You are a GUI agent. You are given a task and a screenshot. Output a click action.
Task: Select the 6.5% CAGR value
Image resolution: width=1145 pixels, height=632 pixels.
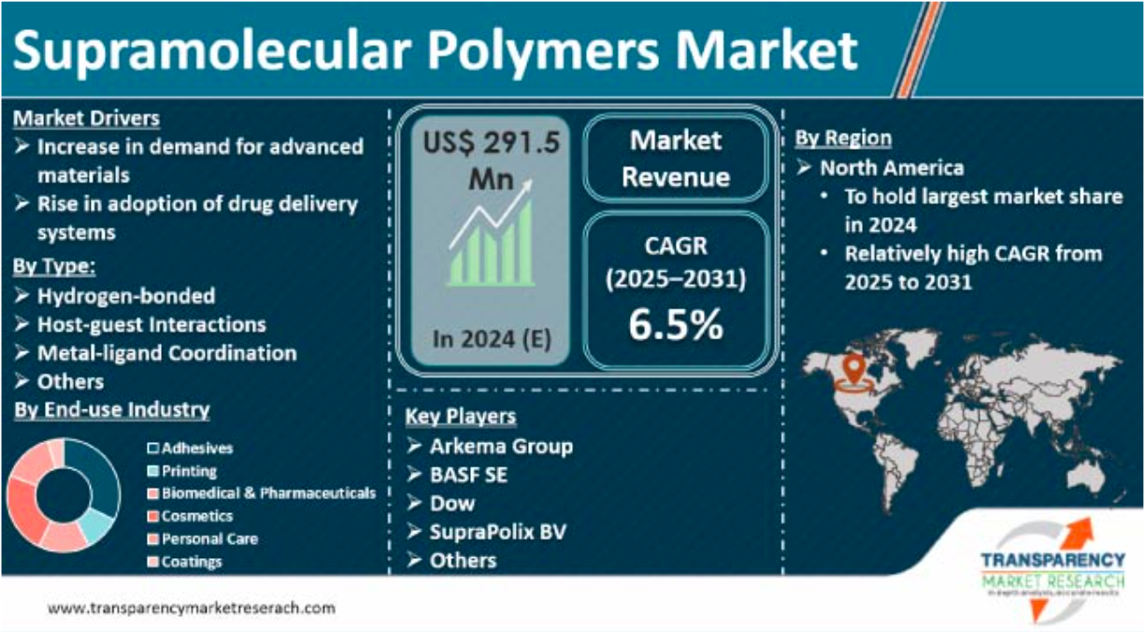pyautogui.click(x=675, y=324)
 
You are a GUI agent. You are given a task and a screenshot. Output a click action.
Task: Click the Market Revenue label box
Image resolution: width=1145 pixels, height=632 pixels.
pyautogui.click(x=675, y=158)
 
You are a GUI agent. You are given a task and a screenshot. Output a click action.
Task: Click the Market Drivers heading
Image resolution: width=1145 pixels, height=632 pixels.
pyautogui.click(x=86, y=119)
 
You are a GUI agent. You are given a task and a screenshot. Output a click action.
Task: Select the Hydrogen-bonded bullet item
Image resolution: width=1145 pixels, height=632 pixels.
pyautogui.click(x=125, y=296)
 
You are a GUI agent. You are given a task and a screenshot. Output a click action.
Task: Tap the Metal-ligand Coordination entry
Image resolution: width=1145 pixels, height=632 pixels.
pyautogui.click(x=166, y=353)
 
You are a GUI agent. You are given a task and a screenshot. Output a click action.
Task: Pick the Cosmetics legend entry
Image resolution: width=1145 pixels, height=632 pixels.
pyautogui.click(x=196, y=516)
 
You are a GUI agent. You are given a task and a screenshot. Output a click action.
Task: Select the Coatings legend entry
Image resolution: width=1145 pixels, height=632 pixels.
pyautogui.click(x=191, y=562)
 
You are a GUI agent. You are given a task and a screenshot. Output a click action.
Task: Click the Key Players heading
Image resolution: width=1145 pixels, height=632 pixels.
pyautogui.click(x=460, y=417)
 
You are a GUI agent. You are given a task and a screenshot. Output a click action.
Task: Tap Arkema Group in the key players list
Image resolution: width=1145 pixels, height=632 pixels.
pyautogui.click(x=501, y=446)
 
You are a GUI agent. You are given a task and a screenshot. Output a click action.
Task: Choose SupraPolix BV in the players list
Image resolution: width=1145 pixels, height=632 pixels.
pyautogui.click(x=497, y=532)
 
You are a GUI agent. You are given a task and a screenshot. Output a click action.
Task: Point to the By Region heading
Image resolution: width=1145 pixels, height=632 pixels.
pyautogui.click(x=843, y=138)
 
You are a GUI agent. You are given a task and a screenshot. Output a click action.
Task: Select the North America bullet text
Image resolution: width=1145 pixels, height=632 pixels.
pyautogui.click(x=892, y=168)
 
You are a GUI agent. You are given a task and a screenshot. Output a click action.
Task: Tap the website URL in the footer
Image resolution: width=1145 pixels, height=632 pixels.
pyautogui.click(x=191, y=608)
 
